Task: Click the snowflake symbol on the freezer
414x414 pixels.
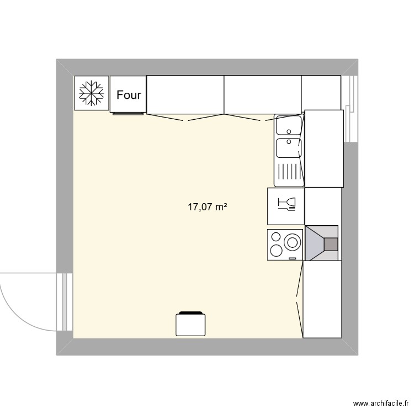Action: pos(91,93)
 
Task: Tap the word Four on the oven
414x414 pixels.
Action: pos(129,95)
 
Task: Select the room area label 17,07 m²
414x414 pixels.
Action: pos(208,207)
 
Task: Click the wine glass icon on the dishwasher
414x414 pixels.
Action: pos(288,204)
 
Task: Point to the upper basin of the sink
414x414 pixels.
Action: pos(288,126)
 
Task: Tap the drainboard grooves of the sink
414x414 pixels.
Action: pos(288,173)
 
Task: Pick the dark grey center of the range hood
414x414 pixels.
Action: pos(330,243)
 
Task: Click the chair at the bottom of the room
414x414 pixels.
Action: pos(191,324)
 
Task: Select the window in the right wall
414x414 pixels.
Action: pos(350,108)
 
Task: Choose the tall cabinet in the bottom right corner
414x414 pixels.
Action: pos(322,300)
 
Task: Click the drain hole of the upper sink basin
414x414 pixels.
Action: pos(289,131)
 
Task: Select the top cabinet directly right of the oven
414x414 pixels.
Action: pos(185,94)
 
